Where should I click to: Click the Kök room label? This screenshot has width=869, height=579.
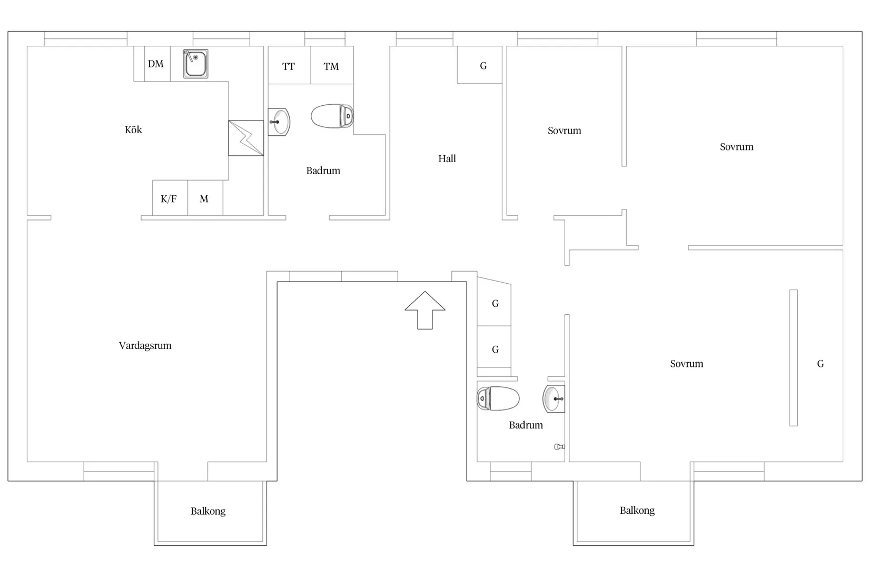[133, 130]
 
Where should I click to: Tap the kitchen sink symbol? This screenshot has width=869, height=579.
[195, 64]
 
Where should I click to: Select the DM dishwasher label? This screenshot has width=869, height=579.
[155, 64]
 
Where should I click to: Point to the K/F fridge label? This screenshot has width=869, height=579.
[169, 199]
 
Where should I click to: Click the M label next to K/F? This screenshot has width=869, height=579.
[204, 199]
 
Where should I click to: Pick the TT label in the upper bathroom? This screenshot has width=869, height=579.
[288, 67]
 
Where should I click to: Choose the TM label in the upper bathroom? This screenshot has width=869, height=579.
[331, 67]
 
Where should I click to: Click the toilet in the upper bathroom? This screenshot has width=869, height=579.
[332, 116]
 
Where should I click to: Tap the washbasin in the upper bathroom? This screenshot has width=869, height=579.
[279, 122]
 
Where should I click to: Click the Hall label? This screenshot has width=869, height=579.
[447, 158]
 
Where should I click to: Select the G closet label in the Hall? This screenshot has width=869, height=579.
[483, 66]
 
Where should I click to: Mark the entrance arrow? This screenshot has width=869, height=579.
[425, 310]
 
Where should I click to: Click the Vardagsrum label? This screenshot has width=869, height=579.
[145, 345]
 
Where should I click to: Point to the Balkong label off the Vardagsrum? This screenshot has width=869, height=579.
[208, 511]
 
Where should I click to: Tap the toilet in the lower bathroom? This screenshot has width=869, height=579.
[498, 398]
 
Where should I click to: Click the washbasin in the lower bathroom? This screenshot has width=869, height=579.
[554, 398]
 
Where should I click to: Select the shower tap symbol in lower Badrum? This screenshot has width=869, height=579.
[559, 447]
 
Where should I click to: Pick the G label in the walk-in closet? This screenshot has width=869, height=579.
[821, 364]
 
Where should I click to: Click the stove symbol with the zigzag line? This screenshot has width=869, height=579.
[246, 138]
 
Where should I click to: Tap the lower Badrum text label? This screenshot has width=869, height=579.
[526, 425]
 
